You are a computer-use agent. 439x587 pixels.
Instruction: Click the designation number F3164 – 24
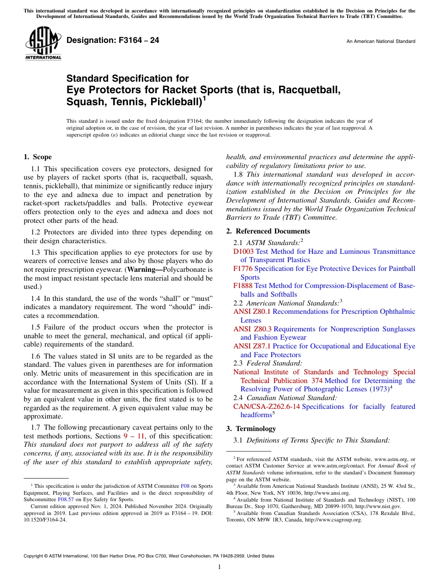113,41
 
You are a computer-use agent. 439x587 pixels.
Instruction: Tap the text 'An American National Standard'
380,42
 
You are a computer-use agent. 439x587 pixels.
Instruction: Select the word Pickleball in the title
174,101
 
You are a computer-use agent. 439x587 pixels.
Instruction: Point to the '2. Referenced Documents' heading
268,231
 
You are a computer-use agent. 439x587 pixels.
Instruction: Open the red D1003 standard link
243,252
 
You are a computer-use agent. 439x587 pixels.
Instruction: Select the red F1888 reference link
243,286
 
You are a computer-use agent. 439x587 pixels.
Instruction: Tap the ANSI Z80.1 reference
252,311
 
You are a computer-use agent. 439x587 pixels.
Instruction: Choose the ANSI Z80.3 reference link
253,329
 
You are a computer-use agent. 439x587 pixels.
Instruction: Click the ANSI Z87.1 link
252,346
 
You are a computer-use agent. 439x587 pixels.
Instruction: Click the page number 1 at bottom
219,567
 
